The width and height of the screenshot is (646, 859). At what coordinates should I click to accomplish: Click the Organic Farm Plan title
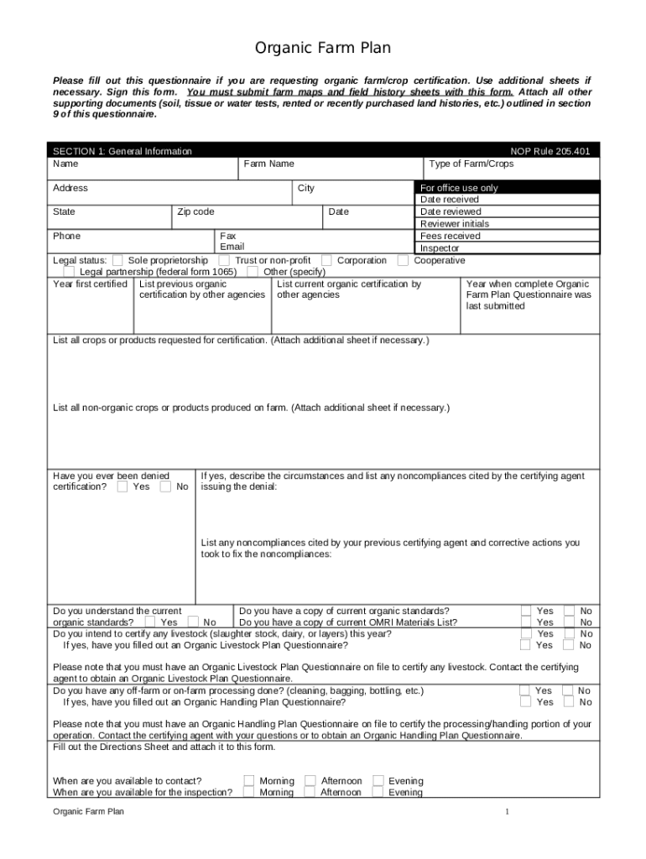[323, 48]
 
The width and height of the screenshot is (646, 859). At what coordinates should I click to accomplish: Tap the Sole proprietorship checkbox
[117, 261]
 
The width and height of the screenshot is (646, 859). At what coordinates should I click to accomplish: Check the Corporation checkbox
[326, 261]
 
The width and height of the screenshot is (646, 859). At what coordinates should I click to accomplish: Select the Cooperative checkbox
[404, 261]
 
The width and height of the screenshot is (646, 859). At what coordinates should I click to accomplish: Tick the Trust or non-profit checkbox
[224, 261]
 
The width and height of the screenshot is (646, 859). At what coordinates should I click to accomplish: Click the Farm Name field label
[268, 164]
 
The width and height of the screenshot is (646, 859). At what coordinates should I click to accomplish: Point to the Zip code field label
[195, 212]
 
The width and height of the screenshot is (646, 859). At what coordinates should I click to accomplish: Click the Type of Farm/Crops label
[471, 164]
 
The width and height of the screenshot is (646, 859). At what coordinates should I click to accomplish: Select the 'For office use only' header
[459, 189]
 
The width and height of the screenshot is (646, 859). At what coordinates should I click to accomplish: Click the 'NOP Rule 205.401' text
[550, 152]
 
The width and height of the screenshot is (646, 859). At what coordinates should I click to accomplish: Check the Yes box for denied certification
[122, 487]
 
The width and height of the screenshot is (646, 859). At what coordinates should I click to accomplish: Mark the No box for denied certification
[165, 487]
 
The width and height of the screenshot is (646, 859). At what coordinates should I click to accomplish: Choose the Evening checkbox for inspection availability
[378, 793]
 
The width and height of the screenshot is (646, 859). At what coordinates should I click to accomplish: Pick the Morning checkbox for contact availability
[249, 781]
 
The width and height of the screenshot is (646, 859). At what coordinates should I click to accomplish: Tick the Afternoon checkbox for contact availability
[310, 781]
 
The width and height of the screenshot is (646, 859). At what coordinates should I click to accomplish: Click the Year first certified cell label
[90, 284]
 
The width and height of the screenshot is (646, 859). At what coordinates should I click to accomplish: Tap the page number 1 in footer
[507, 812]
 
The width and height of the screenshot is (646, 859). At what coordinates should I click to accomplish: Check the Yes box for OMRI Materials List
[525, 622]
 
